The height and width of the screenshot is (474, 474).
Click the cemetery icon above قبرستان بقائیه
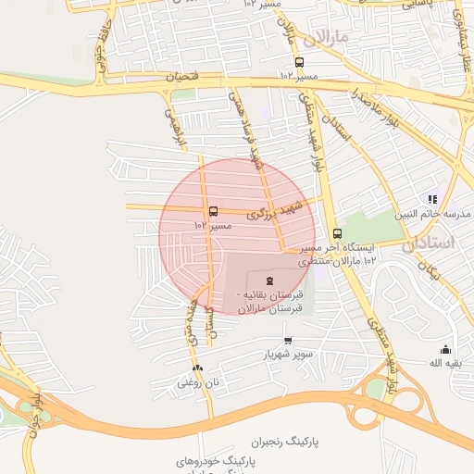(x=269, y=280)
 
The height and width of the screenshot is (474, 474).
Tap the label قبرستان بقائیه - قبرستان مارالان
(x=269, y=303)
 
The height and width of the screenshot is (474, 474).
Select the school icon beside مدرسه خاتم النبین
(x=431, y=199)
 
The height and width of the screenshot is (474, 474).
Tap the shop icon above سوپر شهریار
(x=288, y=341)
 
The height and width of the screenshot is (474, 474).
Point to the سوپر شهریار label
(x=287, y=355)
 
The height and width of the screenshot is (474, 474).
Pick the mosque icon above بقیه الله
(x=445, y=349)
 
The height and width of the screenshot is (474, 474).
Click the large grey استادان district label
(x=431, y=243)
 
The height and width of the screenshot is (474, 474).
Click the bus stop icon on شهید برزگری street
(x=214, y=212)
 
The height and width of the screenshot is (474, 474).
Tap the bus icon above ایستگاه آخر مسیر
(x=336, y=234)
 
